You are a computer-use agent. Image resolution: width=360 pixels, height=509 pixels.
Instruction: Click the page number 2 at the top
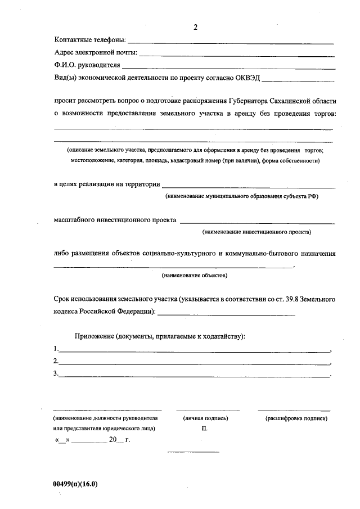click(x=195, y=27)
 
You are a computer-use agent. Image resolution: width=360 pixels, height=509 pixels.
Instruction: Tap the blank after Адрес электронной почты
click(x=237, y=56)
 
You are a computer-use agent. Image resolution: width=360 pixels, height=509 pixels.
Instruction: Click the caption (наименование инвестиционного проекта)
click(x=256, y=231)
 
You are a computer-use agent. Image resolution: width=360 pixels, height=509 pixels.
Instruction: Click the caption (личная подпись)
click(x=205, y=418)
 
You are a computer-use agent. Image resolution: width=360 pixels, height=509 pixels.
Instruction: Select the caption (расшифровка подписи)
click(x=296, y=418)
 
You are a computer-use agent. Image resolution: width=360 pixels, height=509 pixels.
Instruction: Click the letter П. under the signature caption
click(x=204, y=429)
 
